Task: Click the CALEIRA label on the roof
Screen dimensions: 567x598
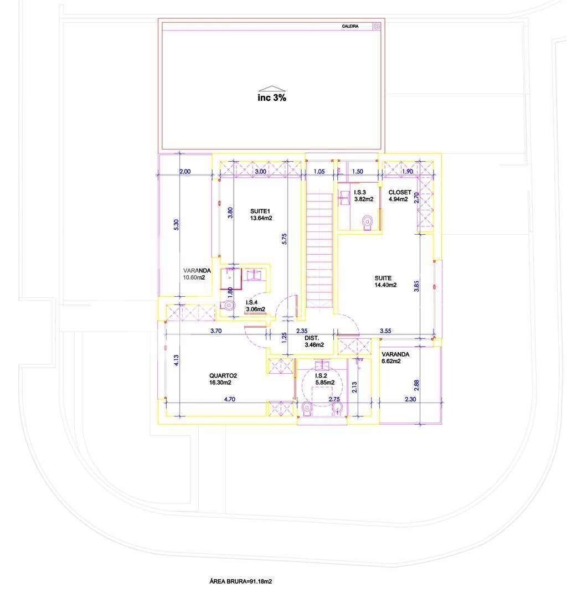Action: (x=349, y=27)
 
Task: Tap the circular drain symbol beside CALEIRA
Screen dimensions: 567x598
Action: (x=377, y=27)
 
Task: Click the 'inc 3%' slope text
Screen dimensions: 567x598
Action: (x=271, y=97)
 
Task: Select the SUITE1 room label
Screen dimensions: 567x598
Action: (x=260, y=212)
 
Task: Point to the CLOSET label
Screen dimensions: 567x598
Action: (x=400, y=192)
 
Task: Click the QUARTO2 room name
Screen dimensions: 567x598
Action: (x=223, y=375)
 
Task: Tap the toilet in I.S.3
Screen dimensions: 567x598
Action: (x=367, y=223)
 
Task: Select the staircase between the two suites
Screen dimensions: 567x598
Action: (x=319, y=250)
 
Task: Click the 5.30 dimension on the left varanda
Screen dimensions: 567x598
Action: (x=176, y=225)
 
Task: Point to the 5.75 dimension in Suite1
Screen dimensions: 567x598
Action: (x=284, y=239)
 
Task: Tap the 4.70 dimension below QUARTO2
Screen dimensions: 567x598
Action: (x=230, y=399)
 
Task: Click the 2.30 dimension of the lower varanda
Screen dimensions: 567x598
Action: (x=410, y=399)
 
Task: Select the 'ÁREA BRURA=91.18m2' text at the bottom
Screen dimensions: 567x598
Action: (x=241, y=581)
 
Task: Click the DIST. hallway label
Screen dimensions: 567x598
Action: (x=312, y=338)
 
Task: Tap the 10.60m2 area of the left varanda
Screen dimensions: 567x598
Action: (x=194, y=277)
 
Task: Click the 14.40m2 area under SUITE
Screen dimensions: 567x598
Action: (x=385, y=285)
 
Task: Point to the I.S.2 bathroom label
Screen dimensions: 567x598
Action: (x=321, y=375)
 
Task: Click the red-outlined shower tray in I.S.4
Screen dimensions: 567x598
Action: (x=231, y=279)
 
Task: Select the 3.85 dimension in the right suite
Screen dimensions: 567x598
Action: (x=416, y=286)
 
